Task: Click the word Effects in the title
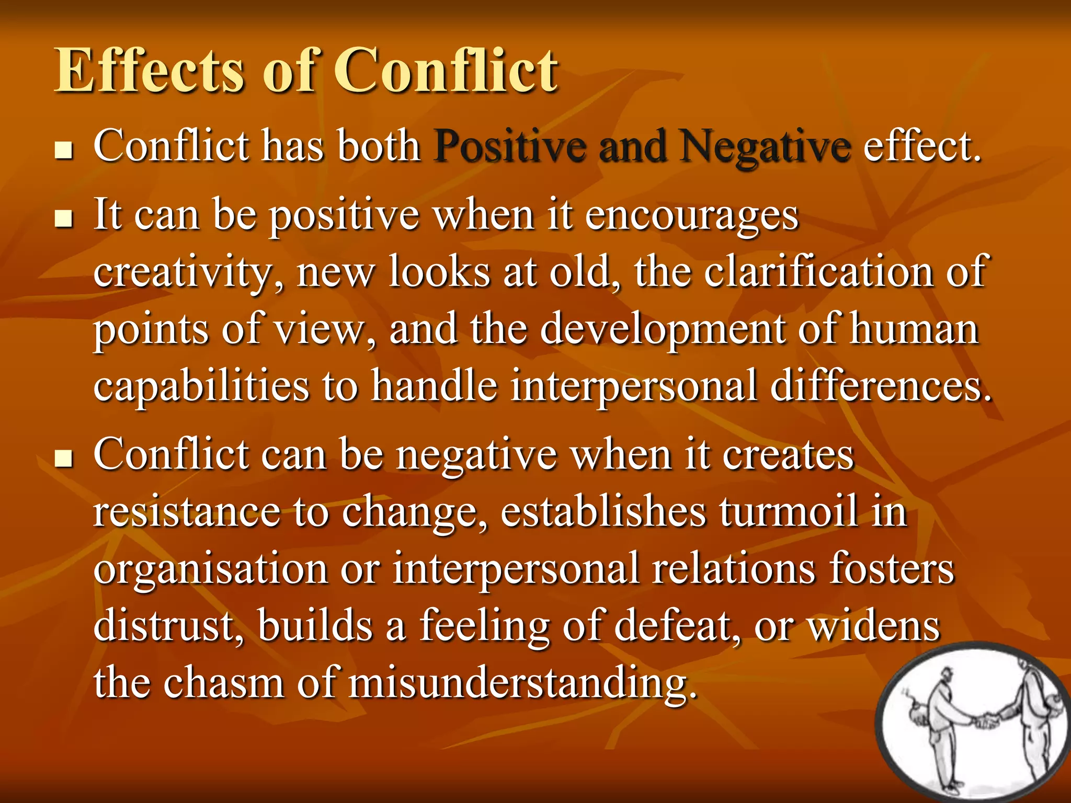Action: point(150,71)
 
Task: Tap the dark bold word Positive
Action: point(509,146)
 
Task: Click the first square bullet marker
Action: point(64,151)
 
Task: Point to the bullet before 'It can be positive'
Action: point(64,220)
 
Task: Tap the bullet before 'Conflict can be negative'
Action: point(64,459)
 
